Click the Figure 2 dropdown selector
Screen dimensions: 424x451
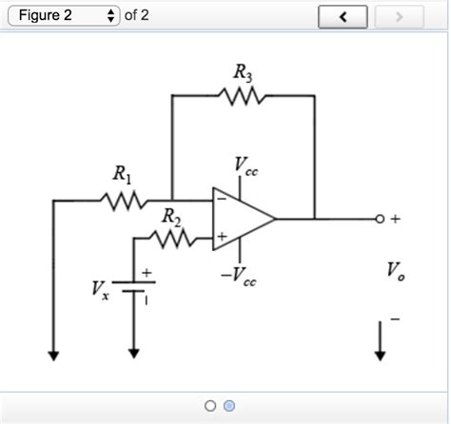tap(62, 16)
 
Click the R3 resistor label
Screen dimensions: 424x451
tap(242, 71)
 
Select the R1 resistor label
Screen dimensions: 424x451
tap(122, 174)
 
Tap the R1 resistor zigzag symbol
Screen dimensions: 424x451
tap(122, 201)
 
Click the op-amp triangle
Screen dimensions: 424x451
tap(244, 219)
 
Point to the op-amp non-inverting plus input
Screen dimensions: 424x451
tap(221, 236)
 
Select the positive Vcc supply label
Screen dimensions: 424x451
tap(244, 165)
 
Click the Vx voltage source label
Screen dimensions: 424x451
tap(100, 289)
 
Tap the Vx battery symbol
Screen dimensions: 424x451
tap(134, 286)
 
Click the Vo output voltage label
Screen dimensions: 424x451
tap(395, 271)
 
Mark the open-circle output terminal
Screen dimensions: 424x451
tap(379, 220)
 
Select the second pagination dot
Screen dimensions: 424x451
tap(229, 406)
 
